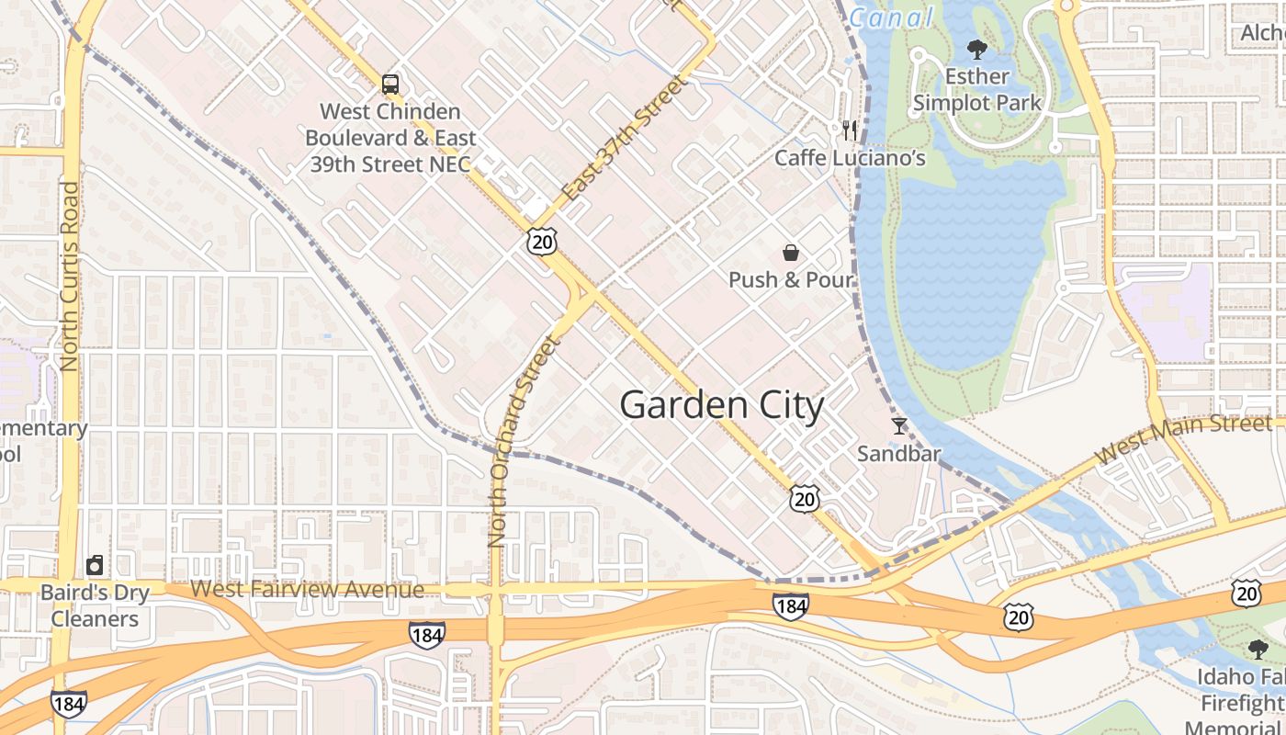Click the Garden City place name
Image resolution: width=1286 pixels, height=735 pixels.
722,405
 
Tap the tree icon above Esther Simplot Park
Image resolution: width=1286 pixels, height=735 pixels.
976,50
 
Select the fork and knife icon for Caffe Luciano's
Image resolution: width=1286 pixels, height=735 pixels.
850,130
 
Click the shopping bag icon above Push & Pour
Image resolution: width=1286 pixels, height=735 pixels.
790,253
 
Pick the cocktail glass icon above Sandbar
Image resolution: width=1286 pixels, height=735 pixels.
898,426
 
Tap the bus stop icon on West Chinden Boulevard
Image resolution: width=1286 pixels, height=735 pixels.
390,85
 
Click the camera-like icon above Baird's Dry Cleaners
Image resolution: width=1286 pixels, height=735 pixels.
95,565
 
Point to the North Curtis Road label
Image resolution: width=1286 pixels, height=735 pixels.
70,277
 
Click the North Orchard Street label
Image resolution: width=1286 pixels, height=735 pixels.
523,442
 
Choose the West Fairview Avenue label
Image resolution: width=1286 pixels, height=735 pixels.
308,589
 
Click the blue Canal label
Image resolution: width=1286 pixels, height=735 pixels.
890,17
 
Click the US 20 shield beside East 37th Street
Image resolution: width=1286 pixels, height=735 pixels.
542,242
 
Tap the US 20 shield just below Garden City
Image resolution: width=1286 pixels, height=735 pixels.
805,499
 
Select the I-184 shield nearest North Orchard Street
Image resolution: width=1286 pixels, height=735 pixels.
427,634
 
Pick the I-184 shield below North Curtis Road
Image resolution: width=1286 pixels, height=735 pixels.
69,704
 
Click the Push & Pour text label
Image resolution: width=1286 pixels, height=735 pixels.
791,279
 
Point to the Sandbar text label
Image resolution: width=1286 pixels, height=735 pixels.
898,453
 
